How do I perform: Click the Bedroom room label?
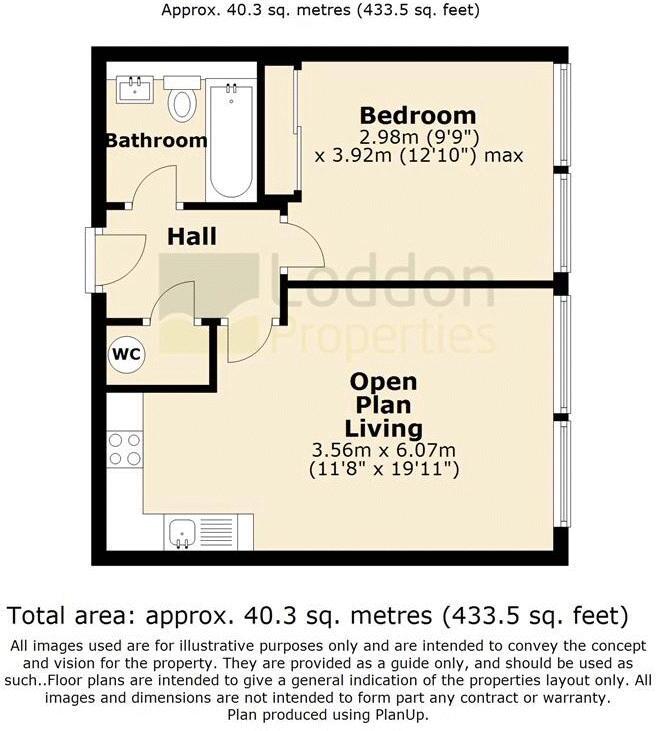click(418, 115)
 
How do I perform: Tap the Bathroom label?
click(157, 140)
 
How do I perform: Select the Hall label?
click(192, 236)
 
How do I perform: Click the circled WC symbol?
click(126, 355)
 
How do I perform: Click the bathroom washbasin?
click(135, 90)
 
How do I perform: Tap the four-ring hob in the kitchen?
click(124, 449)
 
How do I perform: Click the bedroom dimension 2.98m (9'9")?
click(419, 138)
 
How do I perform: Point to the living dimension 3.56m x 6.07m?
click(383, 450)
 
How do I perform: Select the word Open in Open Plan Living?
click(383, 382)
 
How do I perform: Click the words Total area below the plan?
click(68, 615)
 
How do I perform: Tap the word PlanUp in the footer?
click(402, 714)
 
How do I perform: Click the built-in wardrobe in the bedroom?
click(281, 129)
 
